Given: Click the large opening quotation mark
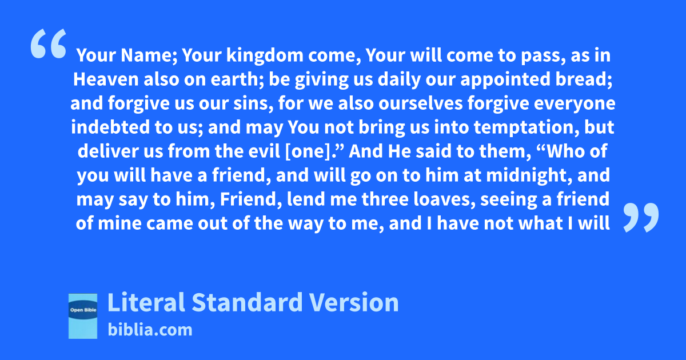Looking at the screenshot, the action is pyautogui.click(x=49, y=43).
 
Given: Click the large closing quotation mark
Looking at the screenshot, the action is pyautogui.click(x=641, y=217).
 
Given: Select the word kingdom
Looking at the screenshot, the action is pyautogui.click(x=265, y=55).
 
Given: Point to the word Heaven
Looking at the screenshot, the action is pyautogui.click(x=106, y=79).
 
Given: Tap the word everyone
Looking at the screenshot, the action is pyautogui.click(x=575, y=103).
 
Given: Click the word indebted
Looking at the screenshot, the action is pyautogui.click(x=110, y=127).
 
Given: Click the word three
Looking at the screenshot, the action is pyautogui.click(x=385, y=199).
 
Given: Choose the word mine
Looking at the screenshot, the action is pyautogui.click(x=119, y=223).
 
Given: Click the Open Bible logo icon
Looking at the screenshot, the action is pyautogui.click(x=83, y=316).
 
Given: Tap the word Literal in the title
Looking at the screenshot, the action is pyautogui.click(x=146, y=302).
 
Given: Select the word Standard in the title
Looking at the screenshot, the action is pyautogui.click(x=247, y=302).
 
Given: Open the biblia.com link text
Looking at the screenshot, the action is pyautogui.click(x=150, y=330).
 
